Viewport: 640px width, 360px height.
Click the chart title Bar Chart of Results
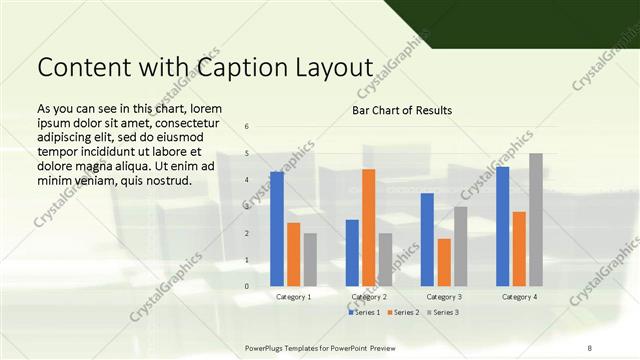tap(402, 110)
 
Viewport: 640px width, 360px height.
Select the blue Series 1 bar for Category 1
tap(277, 229)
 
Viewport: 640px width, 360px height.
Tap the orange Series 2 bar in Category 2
tap(368, 228)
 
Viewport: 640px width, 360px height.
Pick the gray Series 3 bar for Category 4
tap(536, 220)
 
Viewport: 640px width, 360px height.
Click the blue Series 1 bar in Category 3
tap(427, 240)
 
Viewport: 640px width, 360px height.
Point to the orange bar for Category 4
tap(519, 249)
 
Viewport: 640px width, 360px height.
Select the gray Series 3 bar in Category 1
tap(310, 260)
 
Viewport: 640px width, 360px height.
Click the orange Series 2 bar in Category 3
tap(444, 262)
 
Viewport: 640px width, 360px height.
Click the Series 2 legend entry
tap(403, 313)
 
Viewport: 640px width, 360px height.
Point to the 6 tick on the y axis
tap(247, 126)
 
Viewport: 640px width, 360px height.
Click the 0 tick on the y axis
tap(247, 286)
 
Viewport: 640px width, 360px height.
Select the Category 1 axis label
tap(293, 297)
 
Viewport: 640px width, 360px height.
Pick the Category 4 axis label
tap(519, 297)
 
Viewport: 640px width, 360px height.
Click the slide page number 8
tap(590, 347)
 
